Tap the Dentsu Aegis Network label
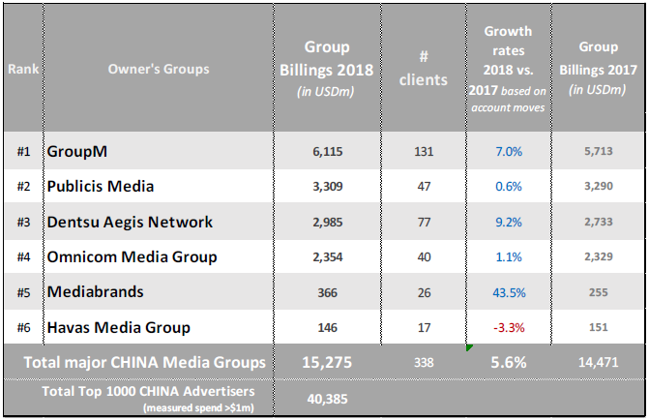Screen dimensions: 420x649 [x=130, y=222]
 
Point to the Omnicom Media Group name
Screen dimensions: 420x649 [x=132, y=256]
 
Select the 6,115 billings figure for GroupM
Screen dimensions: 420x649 [x=327, y=151]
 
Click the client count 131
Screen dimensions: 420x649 [x=422, y=151]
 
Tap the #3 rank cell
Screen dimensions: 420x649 [x=24, y=222]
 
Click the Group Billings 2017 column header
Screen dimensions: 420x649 [x=598, y=67]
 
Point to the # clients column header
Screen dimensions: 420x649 [x=423, y=68]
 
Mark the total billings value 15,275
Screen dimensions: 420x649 [x=327, y=362]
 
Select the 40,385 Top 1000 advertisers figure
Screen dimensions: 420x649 [x=327, y=397]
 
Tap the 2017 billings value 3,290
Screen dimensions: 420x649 [x=598, y=186]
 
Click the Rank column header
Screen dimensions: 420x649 [x=23, y=69]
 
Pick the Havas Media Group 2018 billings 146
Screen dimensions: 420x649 [x=327, y=327]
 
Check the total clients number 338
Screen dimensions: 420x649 [x=422, y=362]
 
